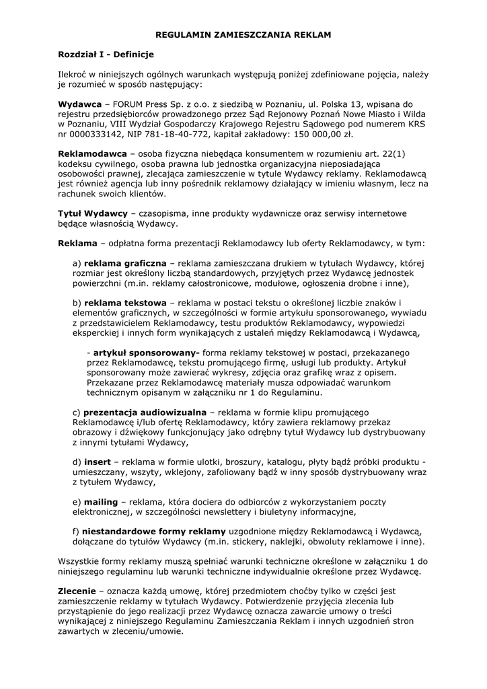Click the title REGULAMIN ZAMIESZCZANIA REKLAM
coord(243,33)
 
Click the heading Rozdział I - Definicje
coord(106,53)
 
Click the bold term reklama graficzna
coord(126,263)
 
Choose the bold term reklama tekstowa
coord(125,303)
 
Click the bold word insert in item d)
coord(97,462)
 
